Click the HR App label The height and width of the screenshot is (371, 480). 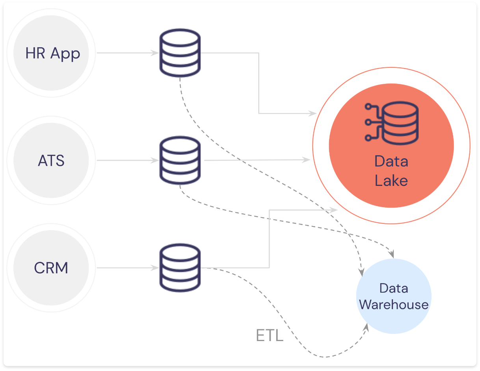52,54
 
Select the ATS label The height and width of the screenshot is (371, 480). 51,160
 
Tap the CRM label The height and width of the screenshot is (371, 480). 51,268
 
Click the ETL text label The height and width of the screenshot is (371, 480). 270,335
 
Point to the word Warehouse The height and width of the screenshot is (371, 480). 394,305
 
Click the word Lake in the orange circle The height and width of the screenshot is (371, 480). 391,181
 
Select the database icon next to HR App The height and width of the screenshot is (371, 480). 180,53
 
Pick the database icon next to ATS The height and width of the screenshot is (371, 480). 180,160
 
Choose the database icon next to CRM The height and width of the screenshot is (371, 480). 180,268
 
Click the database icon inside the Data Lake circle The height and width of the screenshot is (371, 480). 391,123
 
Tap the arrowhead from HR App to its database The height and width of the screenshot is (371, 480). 154,53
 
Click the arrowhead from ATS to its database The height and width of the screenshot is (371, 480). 154,160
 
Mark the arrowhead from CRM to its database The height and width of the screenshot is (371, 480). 154,268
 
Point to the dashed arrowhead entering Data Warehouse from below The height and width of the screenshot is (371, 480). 366,328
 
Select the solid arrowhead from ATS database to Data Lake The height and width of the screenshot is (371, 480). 306,160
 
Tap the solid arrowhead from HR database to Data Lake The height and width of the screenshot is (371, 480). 313,113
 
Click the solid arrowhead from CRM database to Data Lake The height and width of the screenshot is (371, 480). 333,210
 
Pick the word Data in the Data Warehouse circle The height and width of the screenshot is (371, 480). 394,288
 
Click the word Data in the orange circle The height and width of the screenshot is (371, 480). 391,161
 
